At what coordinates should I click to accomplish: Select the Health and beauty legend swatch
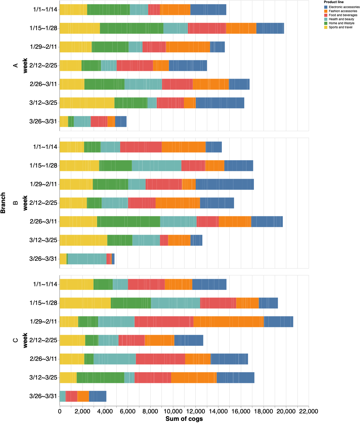pos(326,19)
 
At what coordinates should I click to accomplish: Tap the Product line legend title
pos(334,2)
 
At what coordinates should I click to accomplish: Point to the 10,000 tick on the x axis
pos(173,412)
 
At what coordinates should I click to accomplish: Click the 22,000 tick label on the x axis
pos(309,412)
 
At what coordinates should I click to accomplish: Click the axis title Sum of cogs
pos(184,419)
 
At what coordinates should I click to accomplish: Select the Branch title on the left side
pos(3,203)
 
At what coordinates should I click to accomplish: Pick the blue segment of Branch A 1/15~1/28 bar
pos(270,28)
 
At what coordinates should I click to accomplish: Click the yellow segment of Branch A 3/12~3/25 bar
pos(87,103)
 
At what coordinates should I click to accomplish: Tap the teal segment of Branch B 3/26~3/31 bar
pos(87,259)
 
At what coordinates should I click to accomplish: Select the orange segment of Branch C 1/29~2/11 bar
pos(228,322)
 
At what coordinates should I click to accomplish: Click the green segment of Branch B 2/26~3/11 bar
pos(129,222)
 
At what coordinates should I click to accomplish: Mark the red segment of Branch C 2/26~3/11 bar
pos(161,359)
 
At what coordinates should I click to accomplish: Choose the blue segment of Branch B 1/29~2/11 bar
pos(225,184)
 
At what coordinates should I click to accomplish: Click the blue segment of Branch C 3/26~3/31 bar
pos(97,396)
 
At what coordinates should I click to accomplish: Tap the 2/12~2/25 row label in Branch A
pos(43,66)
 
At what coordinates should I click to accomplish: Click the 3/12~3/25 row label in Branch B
pos(43,240)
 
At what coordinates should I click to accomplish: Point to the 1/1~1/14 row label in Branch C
pos(45,284)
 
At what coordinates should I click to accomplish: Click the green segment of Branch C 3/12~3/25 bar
pos(100,378)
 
